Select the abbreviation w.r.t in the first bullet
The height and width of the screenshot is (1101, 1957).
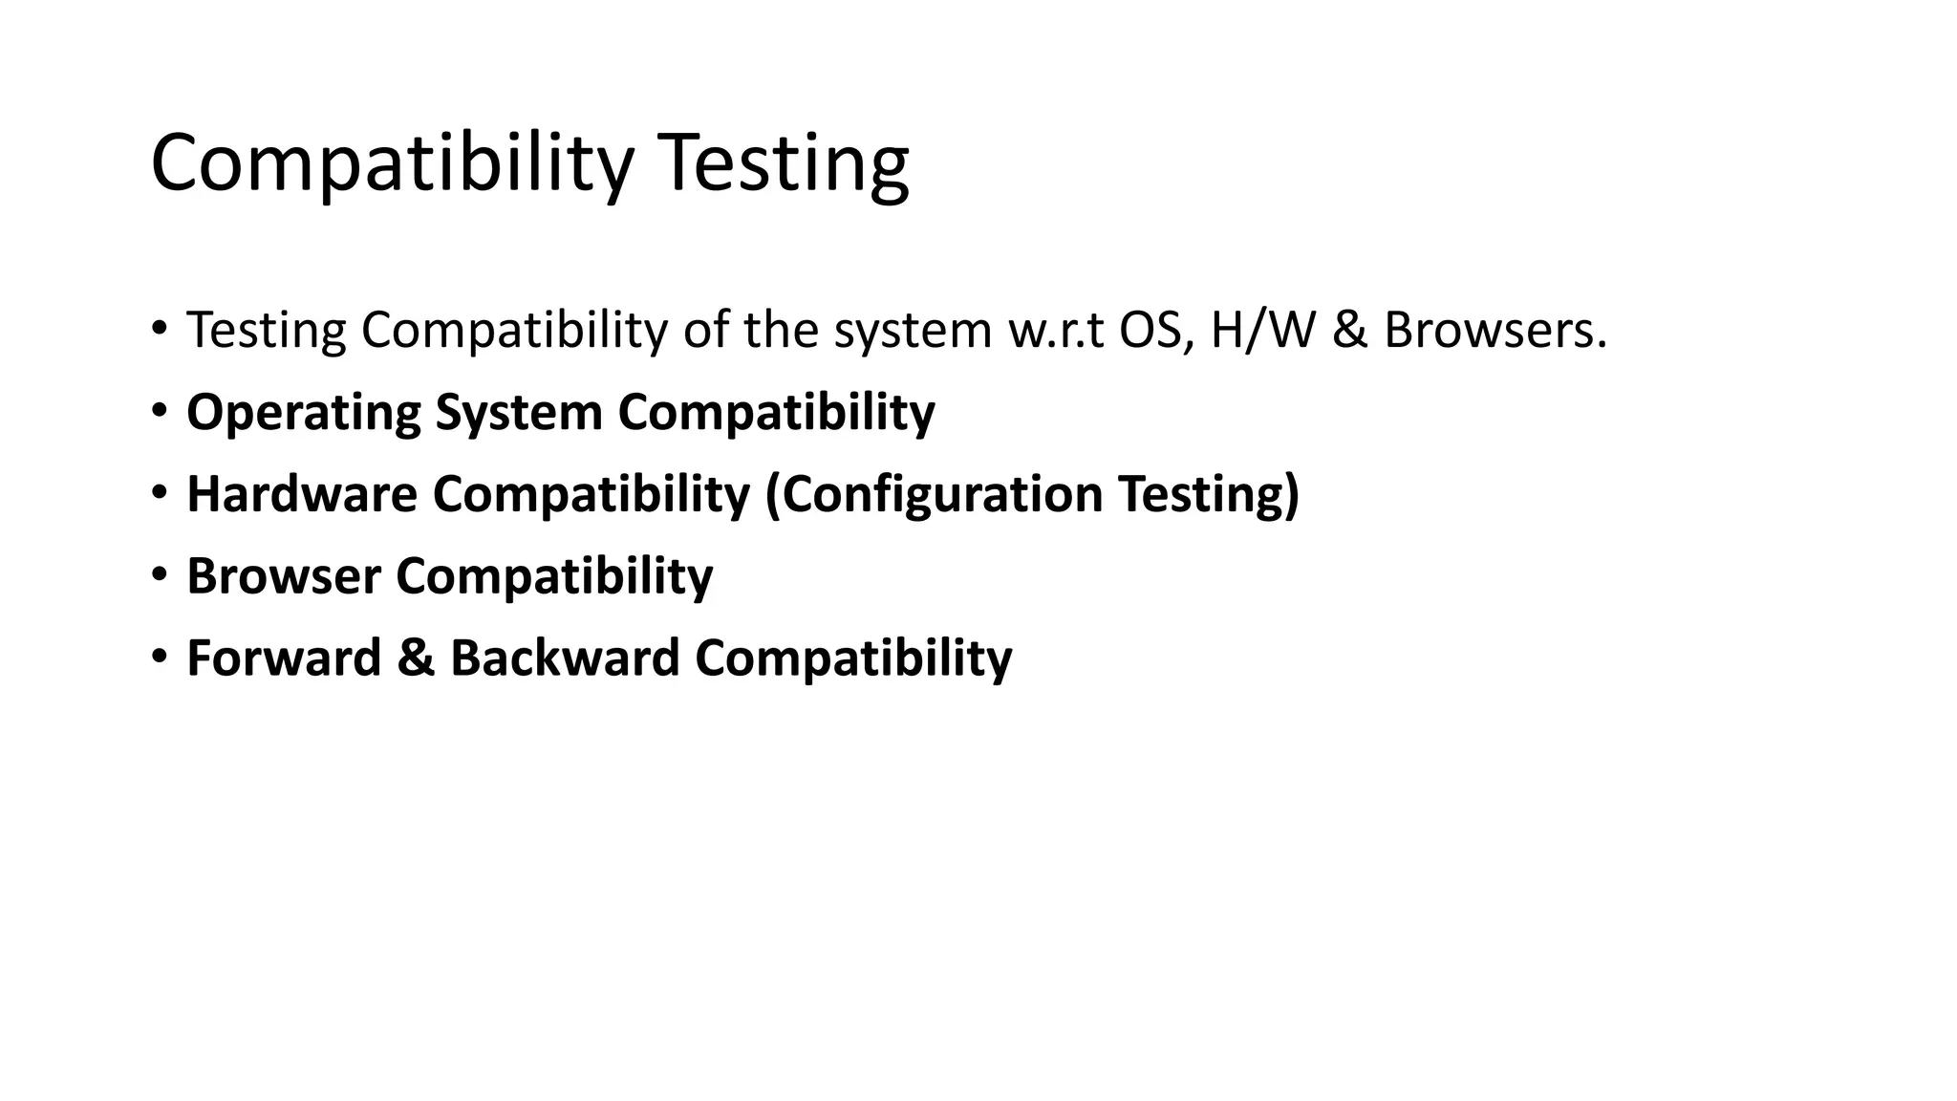(x=1056, y=331)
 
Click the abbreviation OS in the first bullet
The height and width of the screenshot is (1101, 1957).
(x=1154, y=331)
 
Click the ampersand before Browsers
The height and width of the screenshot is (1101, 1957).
(x=1349, y=331)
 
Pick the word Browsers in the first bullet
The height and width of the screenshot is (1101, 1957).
(x=1495, y=331)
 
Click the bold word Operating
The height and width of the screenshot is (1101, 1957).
(x=303, y=414)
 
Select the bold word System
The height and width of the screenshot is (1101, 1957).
(x=519, y=414)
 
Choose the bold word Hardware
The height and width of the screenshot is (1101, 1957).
(x=302, y=494)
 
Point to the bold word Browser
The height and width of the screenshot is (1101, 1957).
(x=284, y=576)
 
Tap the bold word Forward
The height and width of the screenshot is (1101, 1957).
(x=284, y=658)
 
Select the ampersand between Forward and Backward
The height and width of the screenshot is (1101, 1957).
(x=416, y=658)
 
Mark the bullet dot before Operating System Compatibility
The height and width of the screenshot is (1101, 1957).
(x=159, y=411)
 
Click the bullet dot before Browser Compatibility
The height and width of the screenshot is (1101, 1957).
(x=159, y=574)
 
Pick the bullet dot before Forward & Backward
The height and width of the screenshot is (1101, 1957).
(x=159, y=657)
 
